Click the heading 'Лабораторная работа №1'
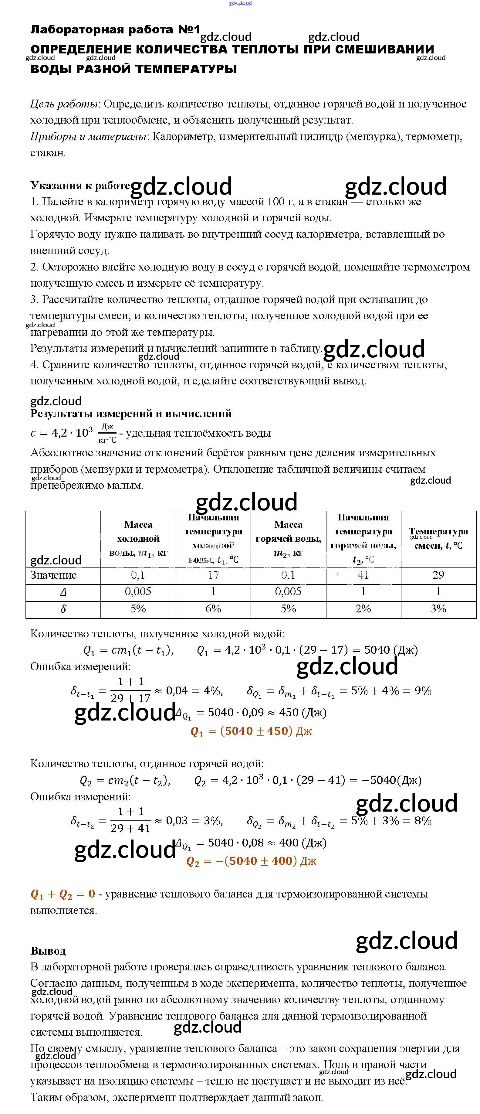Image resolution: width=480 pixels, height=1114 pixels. point(115,29)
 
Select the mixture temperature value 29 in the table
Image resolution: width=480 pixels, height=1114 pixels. point(438,575)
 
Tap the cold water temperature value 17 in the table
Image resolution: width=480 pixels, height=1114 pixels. point(213,575)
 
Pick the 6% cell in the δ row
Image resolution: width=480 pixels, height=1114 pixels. point(213,608)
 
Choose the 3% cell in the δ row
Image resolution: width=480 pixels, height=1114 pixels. point(438,608)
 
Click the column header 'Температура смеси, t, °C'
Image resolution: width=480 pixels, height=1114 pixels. point(438,538)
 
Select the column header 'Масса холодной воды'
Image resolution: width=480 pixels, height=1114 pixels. point(138,538)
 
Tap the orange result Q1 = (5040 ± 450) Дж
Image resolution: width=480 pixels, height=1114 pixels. point(251,731)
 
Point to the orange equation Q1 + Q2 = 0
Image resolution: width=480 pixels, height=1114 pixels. point(63,894)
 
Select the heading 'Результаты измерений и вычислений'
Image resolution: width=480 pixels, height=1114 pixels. point(131,414)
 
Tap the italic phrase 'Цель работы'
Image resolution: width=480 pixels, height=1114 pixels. point(64,104)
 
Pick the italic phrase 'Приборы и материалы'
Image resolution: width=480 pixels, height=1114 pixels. point(88,137)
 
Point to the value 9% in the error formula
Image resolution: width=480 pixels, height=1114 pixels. point(423,691)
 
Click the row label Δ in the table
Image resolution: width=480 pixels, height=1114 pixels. point(63,591)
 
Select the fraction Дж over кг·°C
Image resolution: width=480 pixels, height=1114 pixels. point(107,433)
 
